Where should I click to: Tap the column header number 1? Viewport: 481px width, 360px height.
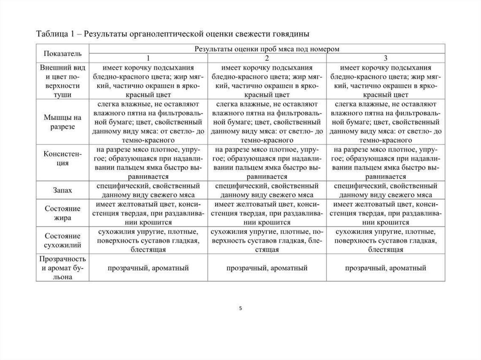(148, 58)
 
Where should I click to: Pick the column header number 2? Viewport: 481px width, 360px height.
(267, 58)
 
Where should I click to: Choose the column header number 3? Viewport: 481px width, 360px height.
(386, 58)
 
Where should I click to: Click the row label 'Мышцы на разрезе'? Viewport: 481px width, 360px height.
(63, 121)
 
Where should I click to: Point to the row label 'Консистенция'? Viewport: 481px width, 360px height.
(63, 159)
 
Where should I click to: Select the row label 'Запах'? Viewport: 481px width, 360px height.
(63, 190)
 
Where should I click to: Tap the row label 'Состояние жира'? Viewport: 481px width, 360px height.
(63, 213)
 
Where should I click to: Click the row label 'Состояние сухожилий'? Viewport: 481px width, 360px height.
(63, 240)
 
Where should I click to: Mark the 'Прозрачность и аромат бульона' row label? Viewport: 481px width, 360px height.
(63, 268)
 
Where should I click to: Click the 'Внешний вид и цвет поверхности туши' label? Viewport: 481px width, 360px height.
(63, 80)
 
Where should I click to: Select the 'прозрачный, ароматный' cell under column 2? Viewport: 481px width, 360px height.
(267, 268)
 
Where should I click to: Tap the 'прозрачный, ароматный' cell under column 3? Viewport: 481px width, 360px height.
(386, 268)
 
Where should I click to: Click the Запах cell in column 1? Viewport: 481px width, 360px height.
(148, 190)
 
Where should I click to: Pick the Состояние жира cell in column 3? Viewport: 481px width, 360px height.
(386, 213)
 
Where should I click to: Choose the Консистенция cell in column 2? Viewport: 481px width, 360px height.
(267, 163)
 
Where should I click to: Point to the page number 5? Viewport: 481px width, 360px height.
(240, 308)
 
